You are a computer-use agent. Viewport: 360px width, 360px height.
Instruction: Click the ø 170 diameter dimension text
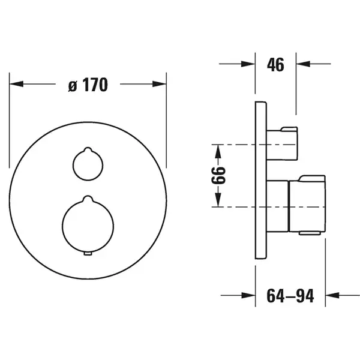coord(88,85)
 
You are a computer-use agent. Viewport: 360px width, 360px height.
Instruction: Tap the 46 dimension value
coord(275,64)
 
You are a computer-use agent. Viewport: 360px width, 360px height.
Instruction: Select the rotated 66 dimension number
coord(218,176)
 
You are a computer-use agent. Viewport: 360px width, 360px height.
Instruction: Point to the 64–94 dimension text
coord(290,296)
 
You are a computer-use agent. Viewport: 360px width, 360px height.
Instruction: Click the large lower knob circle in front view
coord(62,226)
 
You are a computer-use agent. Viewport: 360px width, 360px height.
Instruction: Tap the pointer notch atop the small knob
coord(88,149)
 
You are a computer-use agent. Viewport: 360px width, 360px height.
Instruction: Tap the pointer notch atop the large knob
coord(88,199)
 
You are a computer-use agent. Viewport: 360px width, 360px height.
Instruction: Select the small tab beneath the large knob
coord(88,253)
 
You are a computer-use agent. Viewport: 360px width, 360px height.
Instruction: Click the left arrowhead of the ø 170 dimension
coord(16,84)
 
